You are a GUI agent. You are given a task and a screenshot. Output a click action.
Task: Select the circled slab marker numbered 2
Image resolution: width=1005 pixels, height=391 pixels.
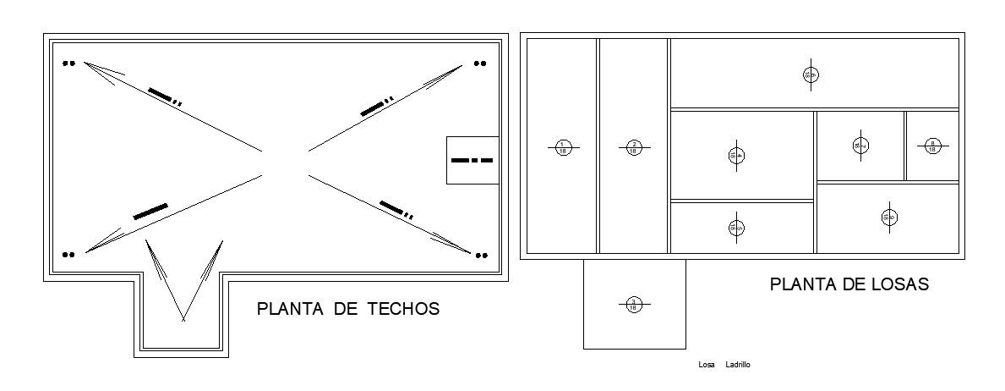pos(634,148)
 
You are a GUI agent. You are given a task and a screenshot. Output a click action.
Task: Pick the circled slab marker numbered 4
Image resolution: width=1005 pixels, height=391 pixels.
pos(736,155)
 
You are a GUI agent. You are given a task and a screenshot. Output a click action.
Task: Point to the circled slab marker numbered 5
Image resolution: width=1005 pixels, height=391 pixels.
pos(736,227)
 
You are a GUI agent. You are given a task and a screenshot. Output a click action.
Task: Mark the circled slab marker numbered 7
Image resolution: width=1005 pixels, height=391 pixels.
pos(860,146)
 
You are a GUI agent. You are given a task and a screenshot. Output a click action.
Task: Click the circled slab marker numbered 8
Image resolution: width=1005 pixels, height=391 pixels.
pos(932,146)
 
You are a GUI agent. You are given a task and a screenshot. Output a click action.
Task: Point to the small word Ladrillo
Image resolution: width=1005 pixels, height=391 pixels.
pos(738,365)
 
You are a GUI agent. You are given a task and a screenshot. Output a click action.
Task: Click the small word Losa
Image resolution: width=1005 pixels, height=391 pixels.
pos(707,365)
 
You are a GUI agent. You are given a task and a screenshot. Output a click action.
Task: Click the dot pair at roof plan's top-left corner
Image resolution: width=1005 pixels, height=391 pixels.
pos(68,63)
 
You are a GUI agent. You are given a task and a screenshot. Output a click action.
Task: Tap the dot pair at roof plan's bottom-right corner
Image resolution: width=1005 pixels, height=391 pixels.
pos(480,254)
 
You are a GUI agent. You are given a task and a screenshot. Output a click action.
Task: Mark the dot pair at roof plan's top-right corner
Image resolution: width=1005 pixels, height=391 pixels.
pos(480,63)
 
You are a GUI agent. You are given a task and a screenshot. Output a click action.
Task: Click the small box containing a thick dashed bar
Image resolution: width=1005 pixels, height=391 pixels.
pos(472,160)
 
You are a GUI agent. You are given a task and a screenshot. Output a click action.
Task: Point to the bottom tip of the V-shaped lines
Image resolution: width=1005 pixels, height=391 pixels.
pos(183,320)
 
